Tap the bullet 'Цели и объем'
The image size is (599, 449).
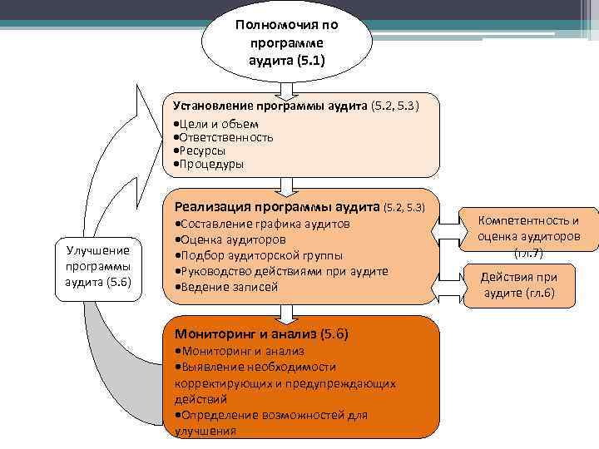coord(209,124)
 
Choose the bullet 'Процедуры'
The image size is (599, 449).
coord(208,164)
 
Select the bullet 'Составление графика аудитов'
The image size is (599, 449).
coord(262,224)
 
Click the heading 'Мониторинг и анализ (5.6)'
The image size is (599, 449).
coord(261,334)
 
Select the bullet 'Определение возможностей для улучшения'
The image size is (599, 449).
coord(271,422)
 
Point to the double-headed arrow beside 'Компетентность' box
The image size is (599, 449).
coord(458,224)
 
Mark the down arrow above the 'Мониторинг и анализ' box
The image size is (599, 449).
coord(285,312)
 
